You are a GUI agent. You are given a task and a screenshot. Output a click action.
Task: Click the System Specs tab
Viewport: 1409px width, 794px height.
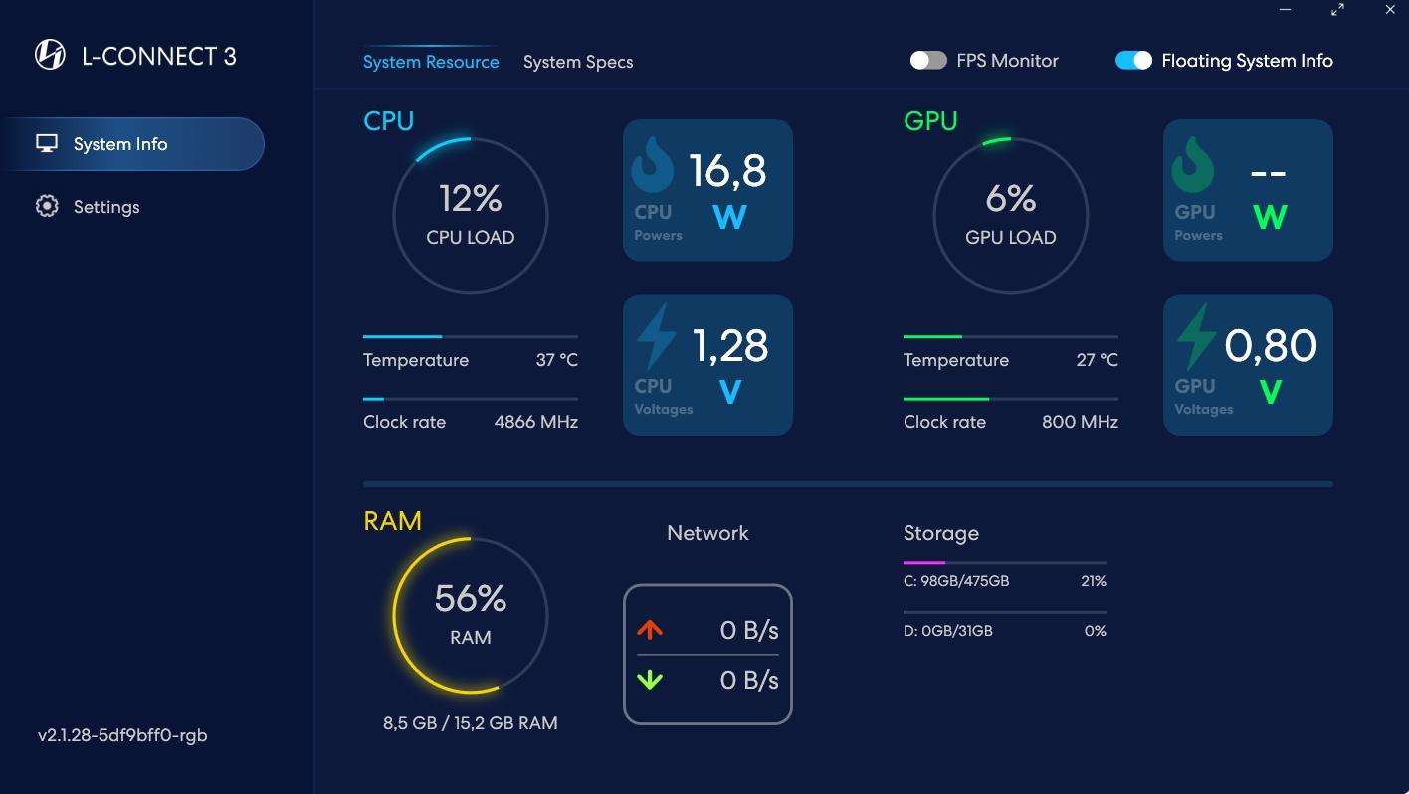(578, 62)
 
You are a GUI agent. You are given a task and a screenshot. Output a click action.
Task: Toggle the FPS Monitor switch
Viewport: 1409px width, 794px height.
(928, 61)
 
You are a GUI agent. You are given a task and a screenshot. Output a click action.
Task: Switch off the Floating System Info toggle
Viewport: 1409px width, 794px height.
(1133, 61)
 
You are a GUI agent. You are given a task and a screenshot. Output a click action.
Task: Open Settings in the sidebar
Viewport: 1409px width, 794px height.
(106, 207)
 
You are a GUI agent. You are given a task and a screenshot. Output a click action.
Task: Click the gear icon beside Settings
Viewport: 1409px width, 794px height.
(47, 206)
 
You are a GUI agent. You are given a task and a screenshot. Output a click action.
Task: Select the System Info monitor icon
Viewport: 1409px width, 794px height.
(47, 143)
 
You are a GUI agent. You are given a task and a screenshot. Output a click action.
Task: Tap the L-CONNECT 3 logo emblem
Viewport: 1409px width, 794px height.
(50, 55)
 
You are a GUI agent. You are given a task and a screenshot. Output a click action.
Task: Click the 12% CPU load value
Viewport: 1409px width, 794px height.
(471, 198)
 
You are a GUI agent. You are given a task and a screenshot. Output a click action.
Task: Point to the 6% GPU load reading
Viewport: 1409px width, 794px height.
(1010, 198)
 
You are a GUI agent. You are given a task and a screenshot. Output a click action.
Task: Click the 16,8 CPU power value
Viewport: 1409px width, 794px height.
(727, 170)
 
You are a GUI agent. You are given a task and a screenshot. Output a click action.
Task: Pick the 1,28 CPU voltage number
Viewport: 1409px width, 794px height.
(729, 345)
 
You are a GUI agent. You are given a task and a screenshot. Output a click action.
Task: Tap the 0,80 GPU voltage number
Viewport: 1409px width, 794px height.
(1270, 345)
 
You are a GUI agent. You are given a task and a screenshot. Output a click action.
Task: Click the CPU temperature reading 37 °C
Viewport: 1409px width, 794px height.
(556, 360)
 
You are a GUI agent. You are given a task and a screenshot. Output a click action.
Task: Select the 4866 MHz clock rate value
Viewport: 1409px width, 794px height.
(536, 422)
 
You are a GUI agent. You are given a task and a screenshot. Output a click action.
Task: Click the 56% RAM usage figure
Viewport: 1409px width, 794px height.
(471, 598)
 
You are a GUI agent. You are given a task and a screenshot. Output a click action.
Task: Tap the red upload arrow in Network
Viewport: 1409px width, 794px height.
(650, 629)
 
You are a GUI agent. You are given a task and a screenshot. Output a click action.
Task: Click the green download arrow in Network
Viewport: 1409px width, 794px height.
(650, 680)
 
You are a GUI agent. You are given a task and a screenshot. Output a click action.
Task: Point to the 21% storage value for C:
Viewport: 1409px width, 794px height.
(1094, 581)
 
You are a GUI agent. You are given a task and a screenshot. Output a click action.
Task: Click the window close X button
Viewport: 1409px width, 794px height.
(1390, 9)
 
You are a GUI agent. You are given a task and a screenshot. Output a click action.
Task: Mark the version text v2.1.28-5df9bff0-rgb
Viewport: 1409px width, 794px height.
(122, 735)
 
